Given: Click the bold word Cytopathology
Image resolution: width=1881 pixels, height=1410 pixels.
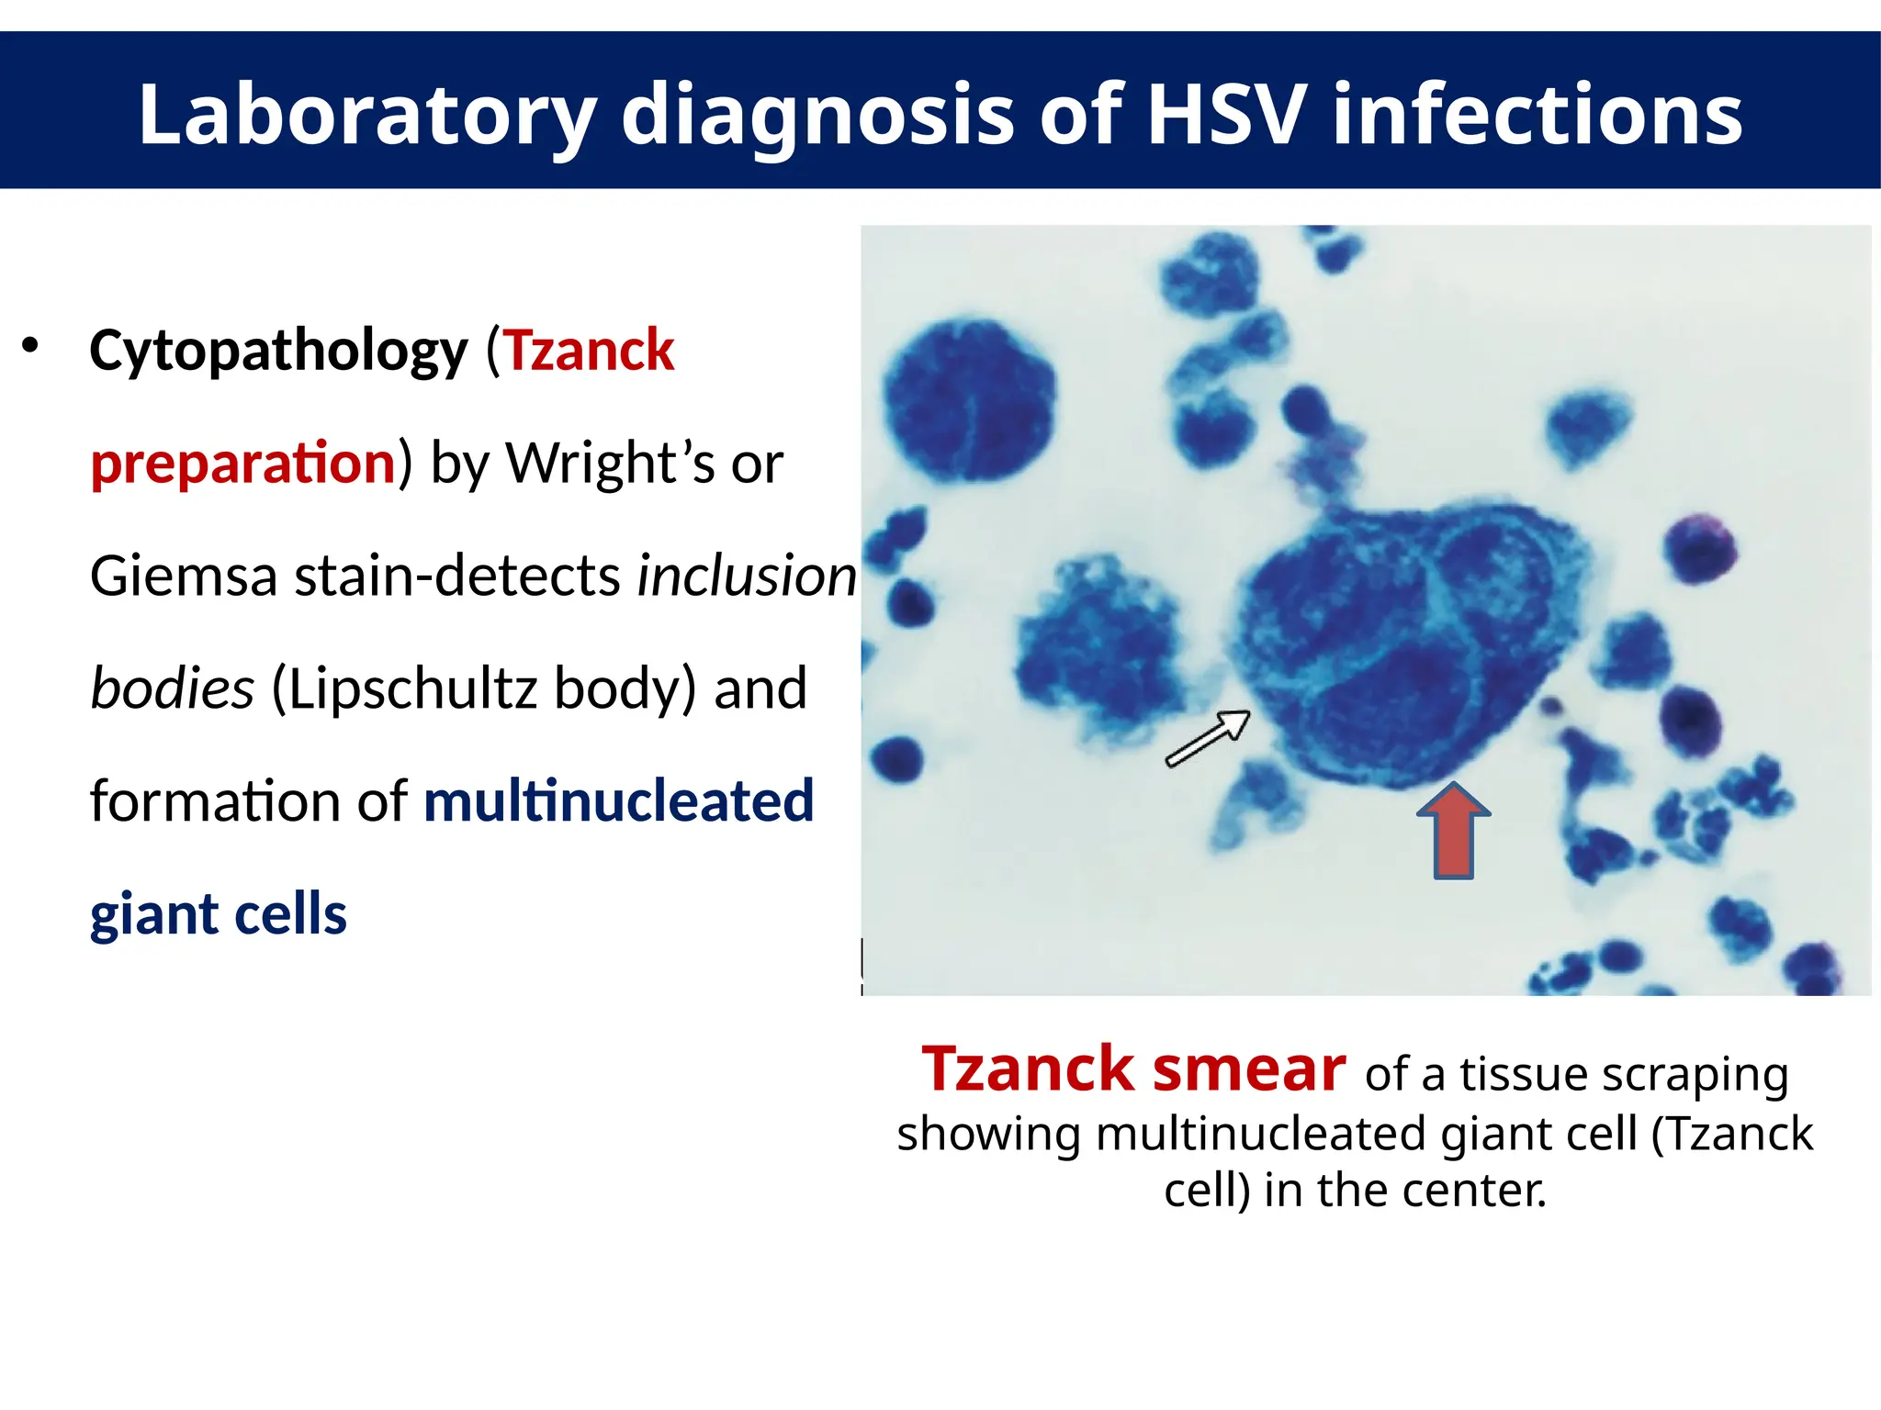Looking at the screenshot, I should (x=278, y=352).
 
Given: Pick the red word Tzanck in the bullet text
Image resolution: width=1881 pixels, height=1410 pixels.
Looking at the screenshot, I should (x=589, y=350).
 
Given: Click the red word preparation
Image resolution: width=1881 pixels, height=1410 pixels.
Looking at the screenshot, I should (x=242, y=463).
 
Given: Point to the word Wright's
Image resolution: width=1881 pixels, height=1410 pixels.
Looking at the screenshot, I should (x=610, y=463).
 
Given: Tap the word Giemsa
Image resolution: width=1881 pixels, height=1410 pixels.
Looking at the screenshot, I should (x=184, y=576).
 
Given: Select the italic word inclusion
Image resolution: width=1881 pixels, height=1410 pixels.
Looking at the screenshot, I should (x=747, y=576).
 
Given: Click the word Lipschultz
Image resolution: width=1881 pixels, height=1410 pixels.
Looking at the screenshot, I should (x=411, y=688).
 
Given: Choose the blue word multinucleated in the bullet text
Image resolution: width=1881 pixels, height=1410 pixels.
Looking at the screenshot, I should (x=618, y=800).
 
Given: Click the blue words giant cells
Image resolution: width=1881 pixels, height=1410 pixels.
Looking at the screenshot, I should (x=219, y=914).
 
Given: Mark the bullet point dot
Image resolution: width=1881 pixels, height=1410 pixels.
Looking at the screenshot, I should (x=31, y=346).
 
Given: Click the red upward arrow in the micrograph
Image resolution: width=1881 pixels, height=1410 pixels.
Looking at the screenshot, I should (x=1453, y=831).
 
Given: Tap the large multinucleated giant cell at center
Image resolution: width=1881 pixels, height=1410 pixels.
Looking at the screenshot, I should (x=1405, y=643).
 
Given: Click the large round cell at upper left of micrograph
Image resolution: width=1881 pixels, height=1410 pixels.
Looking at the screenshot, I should (x=969, y=399).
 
